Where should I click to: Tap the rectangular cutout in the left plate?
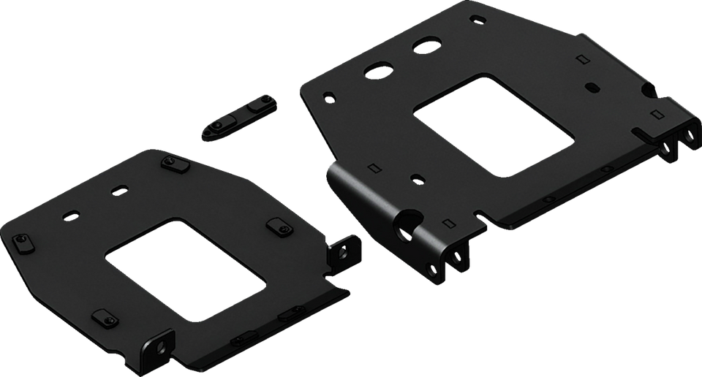pos(183,267)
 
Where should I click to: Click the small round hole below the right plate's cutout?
pos(416,178)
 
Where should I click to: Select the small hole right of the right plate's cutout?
pos(590,86)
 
